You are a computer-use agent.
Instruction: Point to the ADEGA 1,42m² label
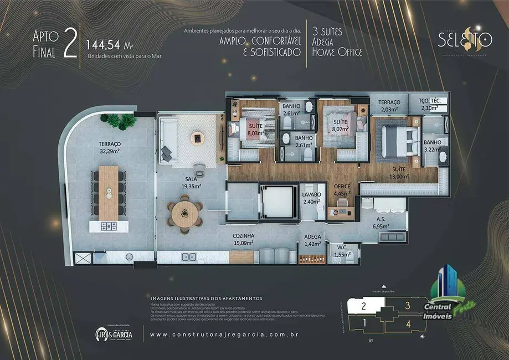click(x=313, y=239)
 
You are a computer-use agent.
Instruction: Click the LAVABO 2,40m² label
click(x=311, y=198)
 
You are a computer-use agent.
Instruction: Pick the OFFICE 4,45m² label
click(x=342, y=190)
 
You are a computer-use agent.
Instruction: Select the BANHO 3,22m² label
click(x=433, y=146)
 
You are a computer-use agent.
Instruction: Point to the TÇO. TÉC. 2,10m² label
click(x=429, y=104)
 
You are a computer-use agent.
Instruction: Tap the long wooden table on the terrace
click(x=109, y=193)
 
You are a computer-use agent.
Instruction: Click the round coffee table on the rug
click(x=198, y=137)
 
